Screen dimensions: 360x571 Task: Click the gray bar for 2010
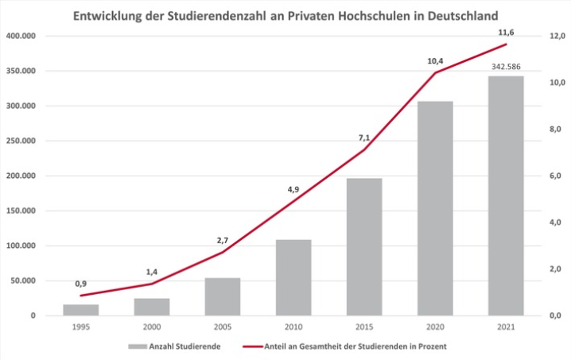[x=293, y=277]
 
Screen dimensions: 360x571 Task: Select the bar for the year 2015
[x=364, y=246]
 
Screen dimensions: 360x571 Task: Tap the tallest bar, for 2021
[x=506, y=195]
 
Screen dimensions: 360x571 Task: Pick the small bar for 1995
[x=80, y=310]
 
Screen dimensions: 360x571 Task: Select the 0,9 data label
[x=80, y=284]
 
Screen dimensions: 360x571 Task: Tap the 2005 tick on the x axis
[x=222, y=327]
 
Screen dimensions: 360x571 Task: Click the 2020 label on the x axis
[x=435, y=327]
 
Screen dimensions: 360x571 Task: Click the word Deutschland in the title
[x=454, y=15]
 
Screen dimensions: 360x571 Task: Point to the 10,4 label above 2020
[x=435, y=60]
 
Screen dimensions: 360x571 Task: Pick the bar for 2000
[x=151, y=307]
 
